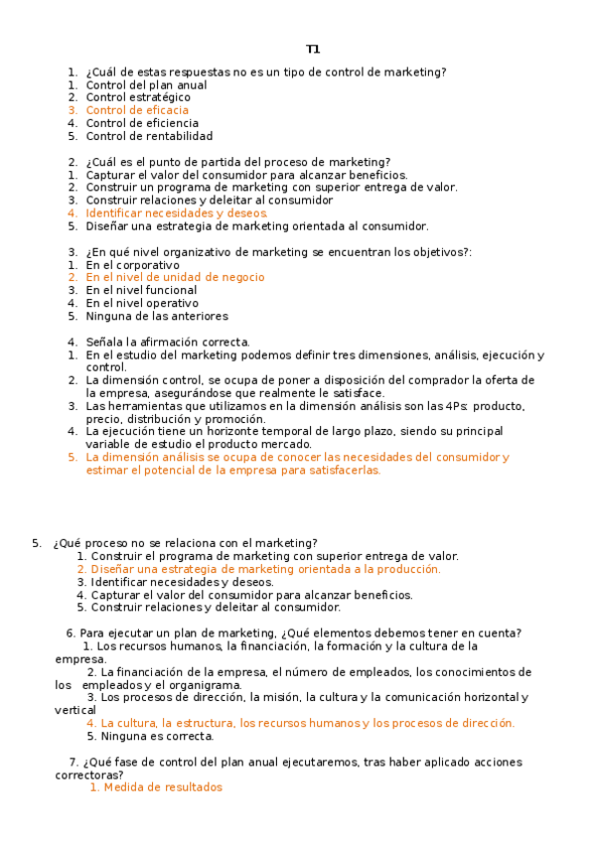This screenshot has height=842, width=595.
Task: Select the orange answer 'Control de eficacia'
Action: click(137, 110)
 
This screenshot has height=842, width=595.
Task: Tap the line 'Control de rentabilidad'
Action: click(149, 136)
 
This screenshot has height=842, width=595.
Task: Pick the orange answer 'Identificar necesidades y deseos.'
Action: click(177, 212)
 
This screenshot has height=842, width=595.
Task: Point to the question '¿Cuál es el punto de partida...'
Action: click(237, 162)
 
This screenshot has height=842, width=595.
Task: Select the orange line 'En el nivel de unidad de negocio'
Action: click(175, 278)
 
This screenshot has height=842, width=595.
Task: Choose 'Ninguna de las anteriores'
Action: click(157, 316)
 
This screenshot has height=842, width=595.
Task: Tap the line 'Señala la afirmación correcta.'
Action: click(168, 342)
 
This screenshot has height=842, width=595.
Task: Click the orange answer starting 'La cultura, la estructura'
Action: click(308, 723)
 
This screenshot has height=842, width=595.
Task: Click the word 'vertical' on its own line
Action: click(75, 710)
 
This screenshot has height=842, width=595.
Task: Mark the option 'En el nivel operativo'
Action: click(142, 303)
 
